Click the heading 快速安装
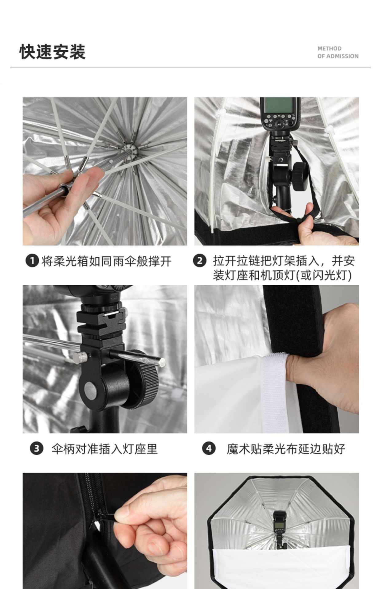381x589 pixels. pos(53,52)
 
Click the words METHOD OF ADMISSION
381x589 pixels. pos(338,52)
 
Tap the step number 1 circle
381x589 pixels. pos(32,261)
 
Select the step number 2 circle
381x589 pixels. pos(200,261)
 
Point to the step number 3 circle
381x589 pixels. pos(36,449)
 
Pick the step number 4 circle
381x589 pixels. pos(209,449)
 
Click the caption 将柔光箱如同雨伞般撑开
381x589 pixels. pos(106,261)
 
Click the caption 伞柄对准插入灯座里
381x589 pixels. pos(104,449)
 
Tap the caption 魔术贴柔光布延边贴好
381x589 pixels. pos(286,449)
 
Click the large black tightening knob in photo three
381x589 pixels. pos(144,379)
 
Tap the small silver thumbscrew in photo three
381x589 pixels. pos(81,357)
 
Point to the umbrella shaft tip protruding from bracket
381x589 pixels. pos(162,362)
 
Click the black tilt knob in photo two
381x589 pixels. pos(300,174)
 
